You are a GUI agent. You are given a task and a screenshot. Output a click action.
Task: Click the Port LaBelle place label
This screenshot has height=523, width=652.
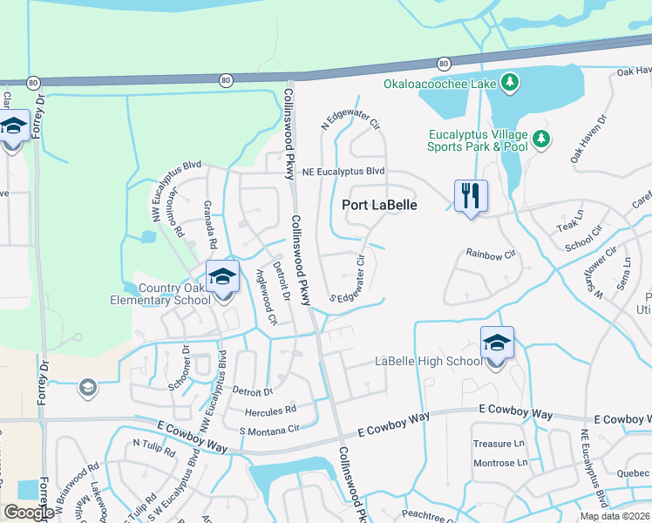click(x=379, y=205)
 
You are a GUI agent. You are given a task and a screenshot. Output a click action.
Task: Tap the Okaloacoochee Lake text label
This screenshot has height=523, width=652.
click(x=440, y=84)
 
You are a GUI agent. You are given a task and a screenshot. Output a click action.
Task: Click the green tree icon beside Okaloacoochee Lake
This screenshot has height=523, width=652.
click(x=510, y=84)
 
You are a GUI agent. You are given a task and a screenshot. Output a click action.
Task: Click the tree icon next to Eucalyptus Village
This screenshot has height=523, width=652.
click(x=541, y=139)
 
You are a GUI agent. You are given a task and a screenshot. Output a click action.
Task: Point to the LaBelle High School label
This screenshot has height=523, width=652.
click(x=427, y=361)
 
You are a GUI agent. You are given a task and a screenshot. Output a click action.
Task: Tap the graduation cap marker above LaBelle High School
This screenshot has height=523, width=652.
click(x=497, y=343)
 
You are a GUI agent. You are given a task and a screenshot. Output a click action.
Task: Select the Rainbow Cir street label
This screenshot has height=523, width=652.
click(x=491, y=254)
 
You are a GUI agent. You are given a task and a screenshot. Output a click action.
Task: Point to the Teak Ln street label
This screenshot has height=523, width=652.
click(x=569, y=226)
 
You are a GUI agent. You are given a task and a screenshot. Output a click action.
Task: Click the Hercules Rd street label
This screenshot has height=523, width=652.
click(x=273, y=408)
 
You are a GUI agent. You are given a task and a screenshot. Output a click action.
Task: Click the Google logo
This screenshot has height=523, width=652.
click(x=29, y=513)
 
